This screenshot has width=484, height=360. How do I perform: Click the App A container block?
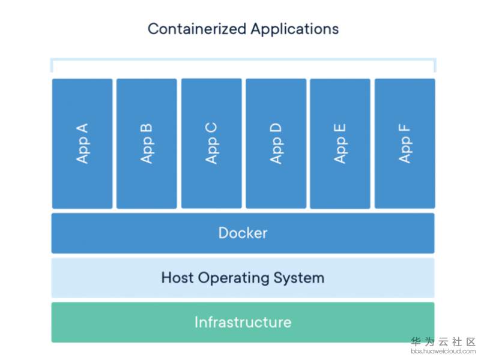[x=82, y=143]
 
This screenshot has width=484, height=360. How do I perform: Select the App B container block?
[x=147, y=143]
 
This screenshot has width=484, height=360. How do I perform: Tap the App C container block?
[x=211, y=143]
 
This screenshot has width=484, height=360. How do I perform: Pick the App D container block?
[x=276, y=143]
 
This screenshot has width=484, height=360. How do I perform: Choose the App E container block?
[x=340, y=143]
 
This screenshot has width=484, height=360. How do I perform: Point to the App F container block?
[x=405, y=143]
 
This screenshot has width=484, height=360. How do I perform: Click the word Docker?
[x=243, y=233]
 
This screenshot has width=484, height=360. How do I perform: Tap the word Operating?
[x=234, y=278]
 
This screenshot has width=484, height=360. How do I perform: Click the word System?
[x=298, y=278]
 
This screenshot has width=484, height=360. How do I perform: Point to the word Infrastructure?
[x=243, y=322]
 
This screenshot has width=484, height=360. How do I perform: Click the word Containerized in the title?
[x=197, y=29]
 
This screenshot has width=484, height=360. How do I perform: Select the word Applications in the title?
[x=295, y=29]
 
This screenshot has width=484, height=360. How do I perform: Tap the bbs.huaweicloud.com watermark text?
[x=444, y=351]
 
